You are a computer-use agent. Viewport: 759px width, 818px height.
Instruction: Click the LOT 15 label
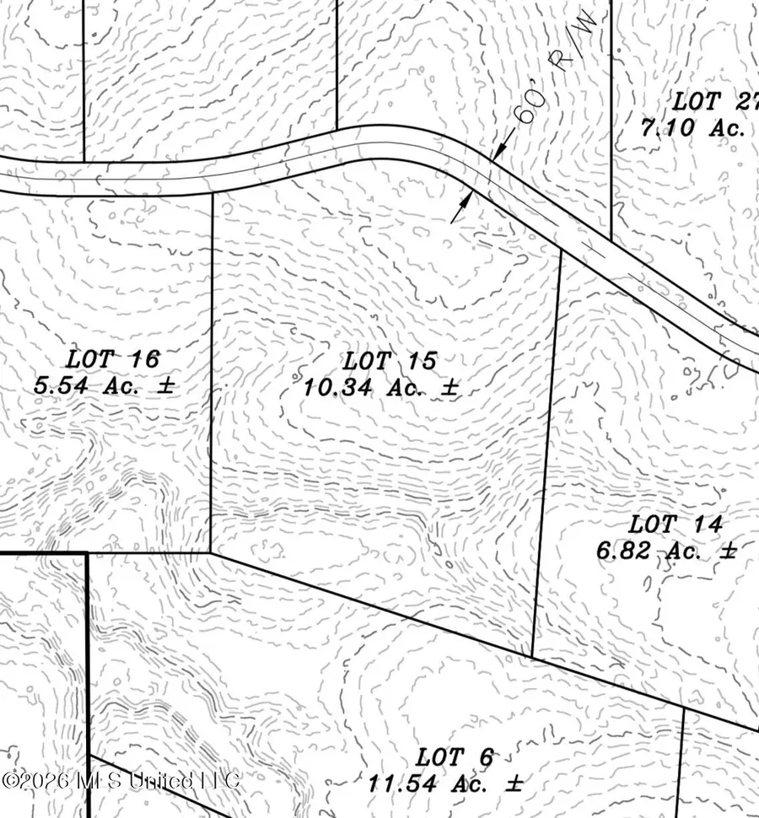390,362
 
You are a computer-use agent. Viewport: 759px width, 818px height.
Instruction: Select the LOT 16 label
113,359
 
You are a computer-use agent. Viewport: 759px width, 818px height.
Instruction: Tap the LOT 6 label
447,756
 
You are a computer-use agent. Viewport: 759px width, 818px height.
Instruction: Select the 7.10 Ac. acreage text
692,128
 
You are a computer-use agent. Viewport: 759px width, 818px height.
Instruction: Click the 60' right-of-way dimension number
527,110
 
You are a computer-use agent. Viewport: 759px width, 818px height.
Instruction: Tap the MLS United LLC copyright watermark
121,779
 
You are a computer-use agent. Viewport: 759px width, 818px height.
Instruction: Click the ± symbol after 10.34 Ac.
449,388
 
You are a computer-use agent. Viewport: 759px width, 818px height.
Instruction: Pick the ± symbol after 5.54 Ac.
166,385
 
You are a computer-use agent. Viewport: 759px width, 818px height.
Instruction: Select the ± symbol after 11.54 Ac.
514,783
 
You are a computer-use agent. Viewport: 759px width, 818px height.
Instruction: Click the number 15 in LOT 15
422,362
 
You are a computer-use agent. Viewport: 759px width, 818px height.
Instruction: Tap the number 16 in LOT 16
145,359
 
